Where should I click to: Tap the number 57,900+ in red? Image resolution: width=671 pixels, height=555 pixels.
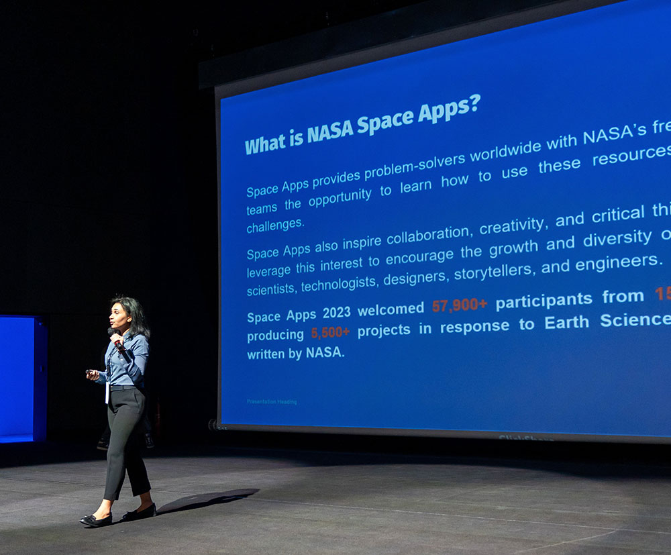pos(460,305)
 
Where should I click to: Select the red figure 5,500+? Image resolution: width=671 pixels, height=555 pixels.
pos(330,332)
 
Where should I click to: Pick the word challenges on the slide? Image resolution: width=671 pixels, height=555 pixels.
pos(275,225)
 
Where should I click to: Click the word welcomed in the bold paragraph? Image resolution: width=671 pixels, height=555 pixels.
pos(391,309)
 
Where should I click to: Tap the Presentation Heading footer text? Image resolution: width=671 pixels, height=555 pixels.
pos(272,402)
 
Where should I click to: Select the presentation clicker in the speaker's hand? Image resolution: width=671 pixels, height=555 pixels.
pos(90,372)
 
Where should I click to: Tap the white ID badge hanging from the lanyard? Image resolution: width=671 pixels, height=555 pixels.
pos(107,393)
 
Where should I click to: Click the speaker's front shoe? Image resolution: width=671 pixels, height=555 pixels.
pos(96,519)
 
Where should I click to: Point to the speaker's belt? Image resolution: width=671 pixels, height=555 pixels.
pos(125,387)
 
